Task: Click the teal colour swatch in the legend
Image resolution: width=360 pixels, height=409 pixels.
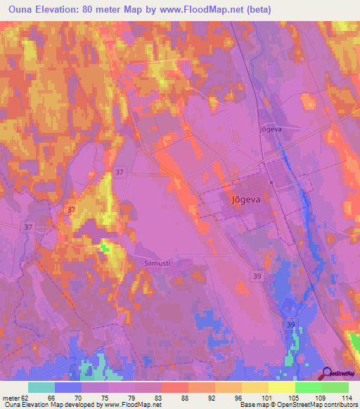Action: tap(41, 387)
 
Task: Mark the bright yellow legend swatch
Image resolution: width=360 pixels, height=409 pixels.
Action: tap(282, 387)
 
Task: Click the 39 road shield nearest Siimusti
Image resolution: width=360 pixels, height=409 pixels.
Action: tap(258, 277)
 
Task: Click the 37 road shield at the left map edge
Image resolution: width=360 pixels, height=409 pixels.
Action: tap(27, 227)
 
